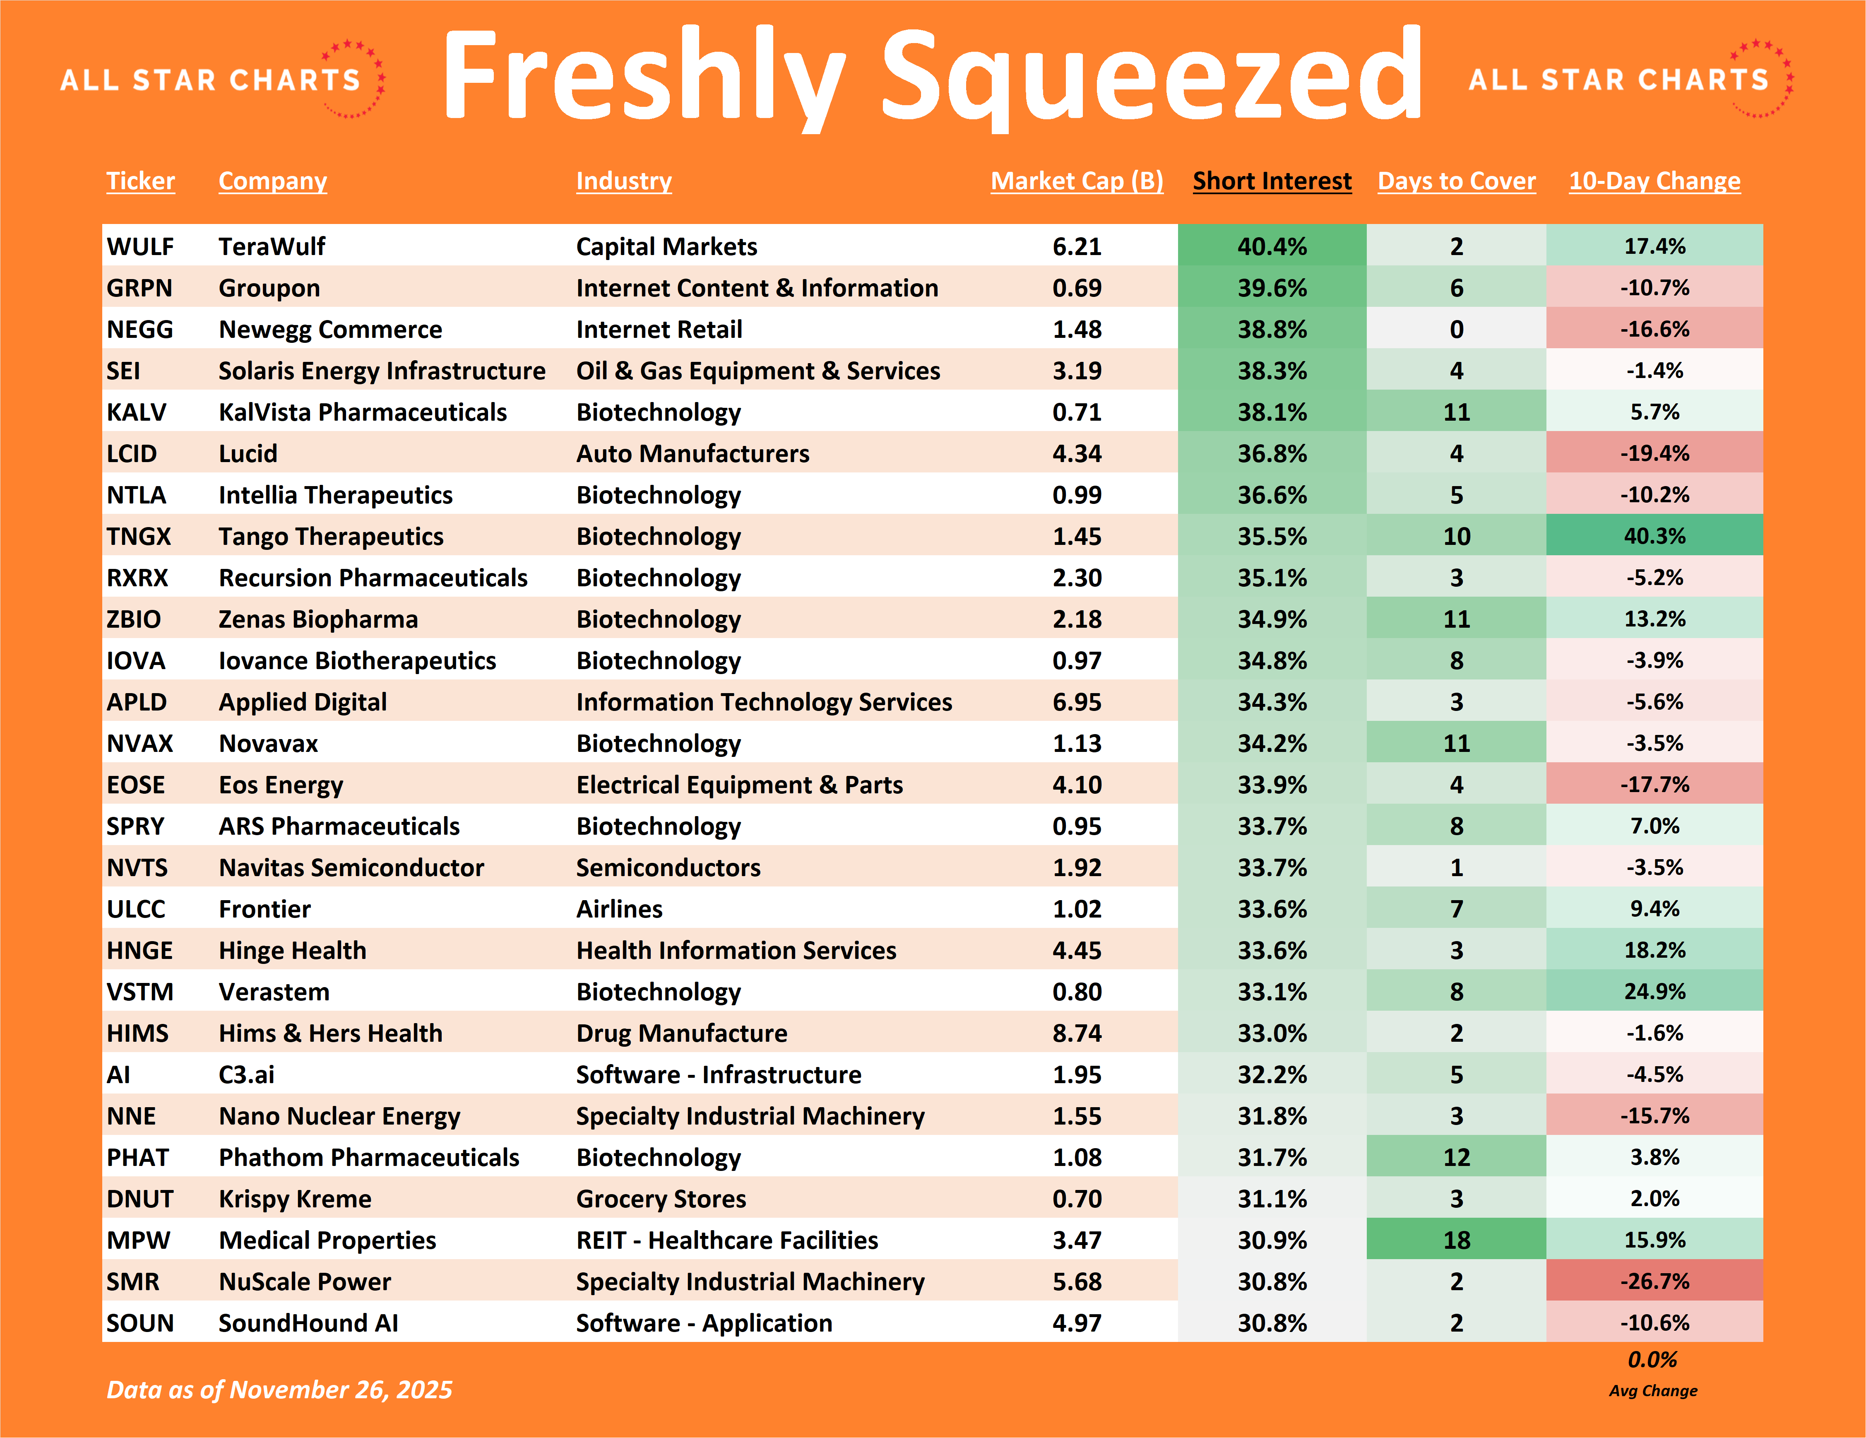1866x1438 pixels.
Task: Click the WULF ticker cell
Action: [x=140, y=247]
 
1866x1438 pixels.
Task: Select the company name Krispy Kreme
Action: [x=295, y=1199]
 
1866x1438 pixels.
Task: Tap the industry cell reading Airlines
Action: [x=619, y=909]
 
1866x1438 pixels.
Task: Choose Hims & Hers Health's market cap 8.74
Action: [x=1077, y=1033]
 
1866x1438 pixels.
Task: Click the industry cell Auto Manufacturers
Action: [x=692, y=454]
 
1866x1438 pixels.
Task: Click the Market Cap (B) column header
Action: [x=1077, y=181]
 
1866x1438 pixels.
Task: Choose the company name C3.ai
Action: [x=247, y=1075]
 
